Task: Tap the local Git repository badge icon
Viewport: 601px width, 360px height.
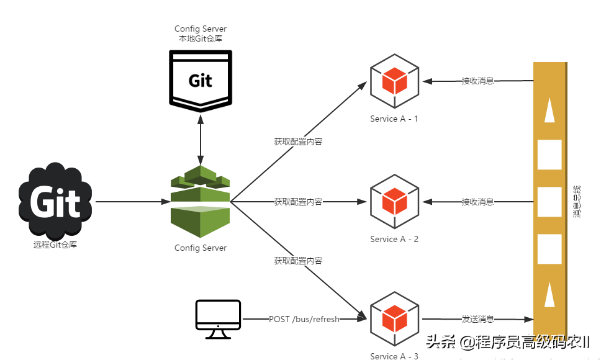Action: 200,79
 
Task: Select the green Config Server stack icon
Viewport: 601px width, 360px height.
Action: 200,197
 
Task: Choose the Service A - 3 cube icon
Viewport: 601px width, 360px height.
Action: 394,319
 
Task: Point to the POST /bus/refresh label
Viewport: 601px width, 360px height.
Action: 304,319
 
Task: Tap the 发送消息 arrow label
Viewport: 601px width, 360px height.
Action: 478,319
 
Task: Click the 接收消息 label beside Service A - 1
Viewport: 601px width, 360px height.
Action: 477,81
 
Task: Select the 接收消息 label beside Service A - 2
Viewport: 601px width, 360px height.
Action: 477,202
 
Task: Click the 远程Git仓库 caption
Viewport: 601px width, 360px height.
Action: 56,245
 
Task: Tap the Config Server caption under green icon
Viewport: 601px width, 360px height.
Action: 201,248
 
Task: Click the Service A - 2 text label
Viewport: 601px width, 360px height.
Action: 394,239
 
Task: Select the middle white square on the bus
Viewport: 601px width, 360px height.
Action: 549,201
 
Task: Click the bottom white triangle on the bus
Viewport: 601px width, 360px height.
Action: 549,294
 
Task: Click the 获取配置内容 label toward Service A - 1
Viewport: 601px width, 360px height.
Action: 298,142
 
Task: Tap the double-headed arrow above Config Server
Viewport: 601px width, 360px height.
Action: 200,137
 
